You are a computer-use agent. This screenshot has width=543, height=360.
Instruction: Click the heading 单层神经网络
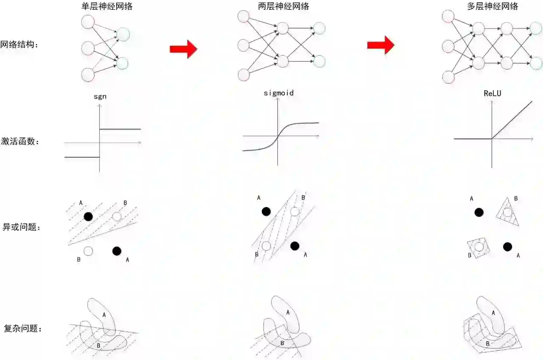[x=107, y=6]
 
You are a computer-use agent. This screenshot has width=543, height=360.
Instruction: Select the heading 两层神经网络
[x=283, y=6]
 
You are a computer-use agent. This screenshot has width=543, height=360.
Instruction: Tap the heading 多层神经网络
[x=493, y=6]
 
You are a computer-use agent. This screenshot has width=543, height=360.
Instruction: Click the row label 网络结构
[x=19, y=45]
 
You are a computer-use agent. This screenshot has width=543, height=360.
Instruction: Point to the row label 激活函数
[x=20, y=141]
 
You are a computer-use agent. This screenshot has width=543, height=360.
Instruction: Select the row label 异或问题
[x=21, y=227]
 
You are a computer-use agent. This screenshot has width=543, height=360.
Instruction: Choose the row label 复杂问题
[x=22, y=329]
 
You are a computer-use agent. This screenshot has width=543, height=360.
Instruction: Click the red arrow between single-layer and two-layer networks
[x=184, y=49]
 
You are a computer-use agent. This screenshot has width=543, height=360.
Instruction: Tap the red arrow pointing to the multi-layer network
[x=381, y=45]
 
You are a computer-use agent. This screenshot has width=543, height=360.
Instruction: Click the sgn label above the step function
[x=100, y=97]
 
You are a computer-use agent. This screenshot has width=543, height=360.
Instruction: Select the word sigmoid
[x=279, y=93]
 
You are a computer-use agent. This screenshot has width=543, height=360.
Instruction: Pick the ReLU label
[x=493, y=93]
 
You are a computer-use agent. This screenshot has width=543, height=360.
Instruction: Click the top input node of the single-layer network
[x=88, y=22]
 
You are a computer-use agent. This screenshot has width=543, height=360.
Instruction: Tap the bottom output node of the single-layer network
[x=122, y=64]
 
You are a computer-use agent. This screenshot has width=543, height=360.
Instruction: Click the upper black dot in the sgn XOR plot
[x=88, y=216]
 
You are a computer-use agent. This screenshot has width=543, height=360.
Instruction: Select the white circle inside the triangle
[x=507, y=212]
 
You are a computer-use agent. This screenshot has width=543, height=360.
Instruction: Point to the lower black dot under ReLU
[x=507, y=247]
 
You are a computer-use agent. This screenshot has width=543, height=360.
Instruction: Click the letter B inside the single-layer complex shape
[x=98, y=346]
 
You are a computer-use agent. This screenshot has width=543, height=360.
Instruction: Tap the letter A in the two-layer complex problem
[x=288, y=313]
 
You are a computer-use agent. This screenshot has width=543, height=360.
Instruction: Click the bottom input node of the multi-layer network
[x=448, y=77]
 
